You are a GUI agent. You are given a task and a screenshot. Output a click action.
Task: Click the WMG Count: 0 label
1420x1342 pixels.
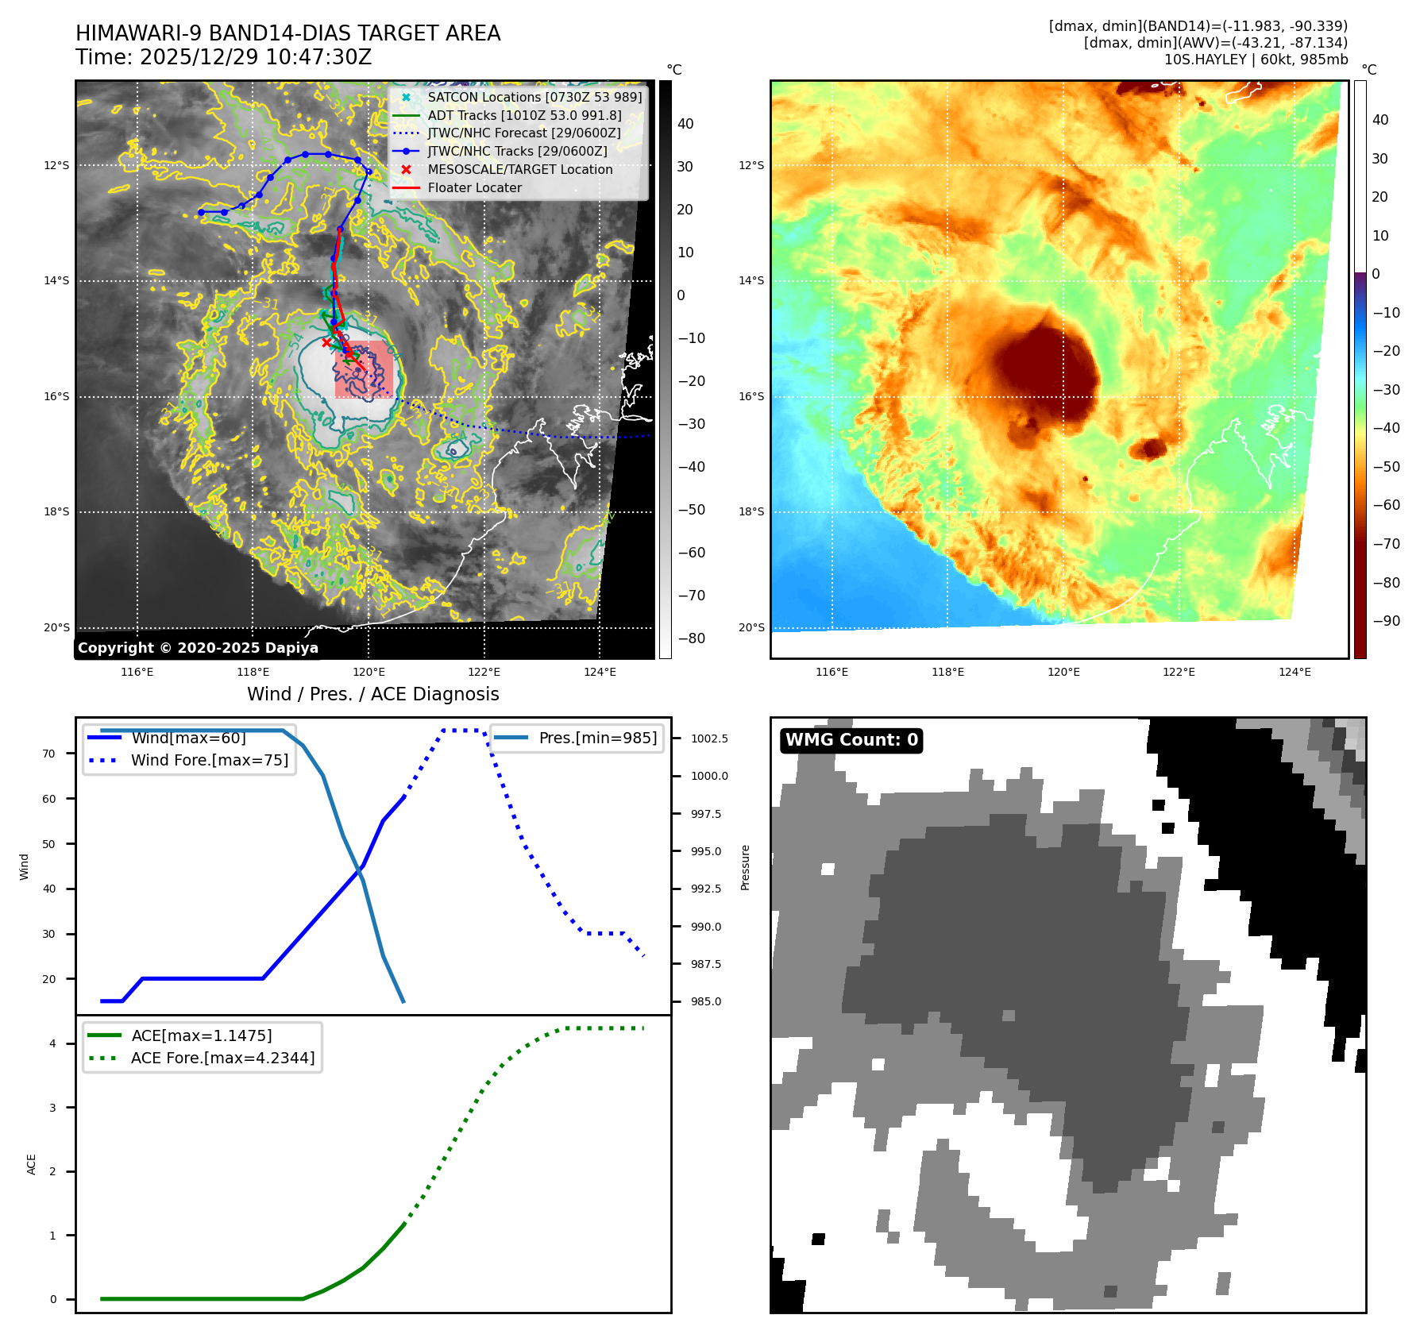[x=851, y=740]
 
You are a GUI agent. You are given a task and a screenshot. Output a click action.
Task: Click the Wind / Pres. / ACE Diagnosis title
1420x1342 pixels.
[x=372, y=694]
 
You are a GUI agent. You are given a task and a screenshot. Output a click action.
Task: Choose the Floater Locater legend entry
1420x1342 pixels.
[x=474, y=187]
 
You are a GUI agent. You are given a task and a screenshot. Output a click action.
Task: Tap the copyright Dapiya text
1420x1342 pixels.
[x=198, y=648]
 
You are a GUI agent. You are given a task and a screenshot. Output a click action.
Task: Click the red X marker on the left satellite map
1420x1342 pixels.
[x=326, y=342]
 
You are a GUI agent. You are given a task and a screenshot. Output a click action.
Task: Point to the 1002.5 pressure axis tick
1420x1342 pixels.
[x=709, y=738]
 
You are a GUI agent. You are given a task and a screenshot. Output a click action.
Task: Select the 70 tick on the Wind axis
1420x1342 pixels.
[x=49, y=754]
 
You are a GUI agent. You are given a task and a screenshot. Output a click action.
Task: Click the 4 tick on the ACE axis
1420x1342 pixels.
[x=52, y=1043]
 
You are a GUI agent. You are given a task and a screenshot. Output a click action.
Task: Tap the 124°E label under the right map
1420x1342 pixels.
[x=1295, y=672]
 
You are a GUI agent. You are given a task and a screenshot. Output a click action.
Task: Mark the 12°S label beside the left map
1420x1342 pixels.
[x=56, y=165]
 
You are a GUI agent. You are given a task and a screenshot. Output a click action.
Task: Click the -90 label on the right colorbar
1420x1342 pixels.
[x=1387, y=621]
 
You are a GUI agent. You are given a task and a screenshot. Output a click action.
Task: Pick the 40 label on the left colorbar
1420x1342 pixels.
[x=685, y=124]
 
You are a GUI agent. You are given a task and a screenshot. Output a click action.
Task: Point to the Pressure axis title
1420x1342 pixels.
[x=745, y=867]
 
